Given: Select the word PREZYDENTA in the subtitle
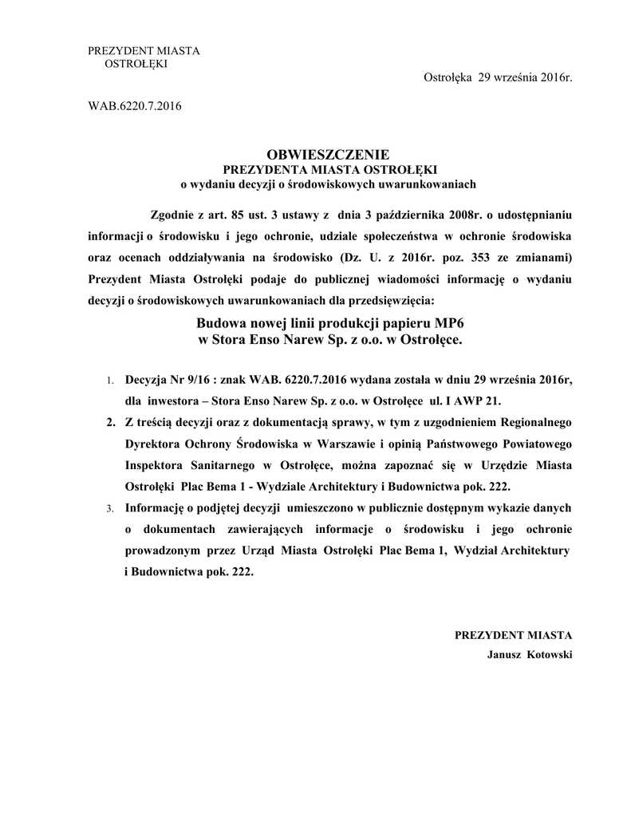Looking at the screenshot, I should pyautogui.click(x=258, y=169).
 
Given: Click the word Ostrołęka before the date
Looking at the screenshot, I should pyautogui.click(x=447, y=77).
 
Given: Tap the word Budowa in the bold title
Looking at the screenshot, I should pyautogui.click(x=221, y=324).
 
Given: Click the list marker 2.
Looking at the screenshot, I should pyautogui.click(x=110, y=423).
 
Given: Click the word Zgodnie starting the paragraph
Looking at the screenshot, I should pyautogui.click(x=172, y=215).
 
